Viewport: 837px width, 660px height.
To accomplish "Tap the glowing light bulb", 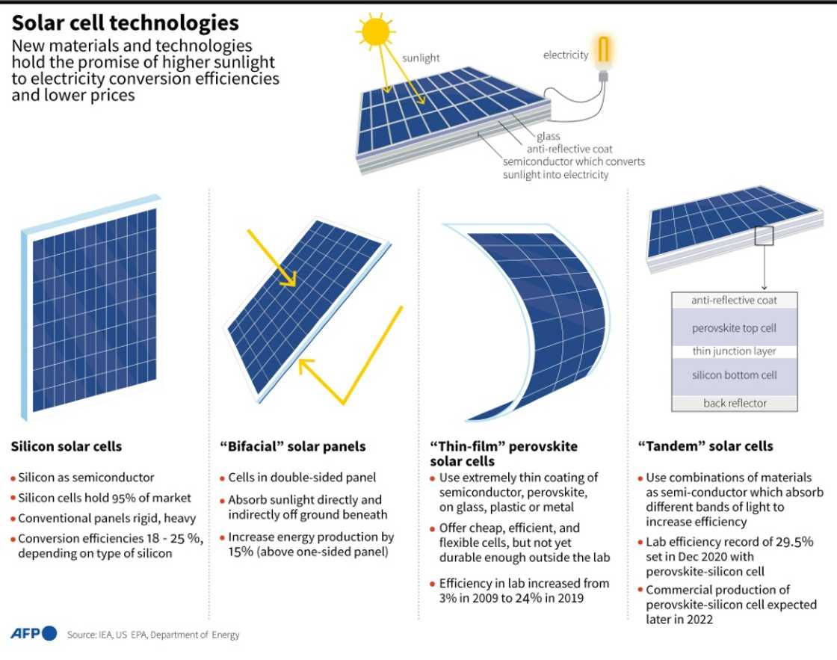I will click(x=603, y=54).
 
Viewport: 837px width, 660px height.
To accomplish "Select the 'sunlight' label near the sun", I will click(x=421, y=58).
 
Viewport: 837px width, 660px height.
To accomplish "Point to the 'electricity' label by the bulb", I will click(x=566, y=55).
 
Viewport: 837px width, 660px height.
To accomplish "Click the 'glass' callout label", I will click(x=548, y=137).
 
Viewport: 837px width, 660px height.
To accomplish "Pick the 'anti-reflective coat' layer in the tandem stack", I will click(x=734, y=300).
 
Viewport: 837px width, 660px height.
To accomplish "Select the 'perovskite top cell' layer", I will click(x=734, y=328).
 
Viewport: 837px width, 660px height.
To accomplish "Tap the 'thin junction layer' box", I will click(x=734, y=351).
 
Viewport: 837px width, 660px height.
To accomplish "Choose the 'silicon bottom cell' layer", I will click(x=734, y=375).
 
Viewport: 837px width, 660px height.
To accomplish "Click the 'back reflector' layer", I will click(x=735, y=403).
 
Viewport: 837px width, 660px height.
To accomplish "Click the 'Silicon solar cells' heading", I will click(x=66, y=446).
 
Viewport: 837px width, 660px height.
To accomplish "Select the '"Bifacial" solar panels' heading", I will click(x=292, y=446).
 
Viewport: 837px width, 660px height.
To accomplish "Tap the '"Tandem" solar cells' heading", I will click(x=705, y=446).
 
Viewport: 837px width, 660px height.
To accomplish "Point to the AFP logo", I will click(x=34, y=634).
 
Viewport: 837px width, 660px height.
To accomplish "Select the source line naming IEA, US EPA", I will click(x=153, y=635).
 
